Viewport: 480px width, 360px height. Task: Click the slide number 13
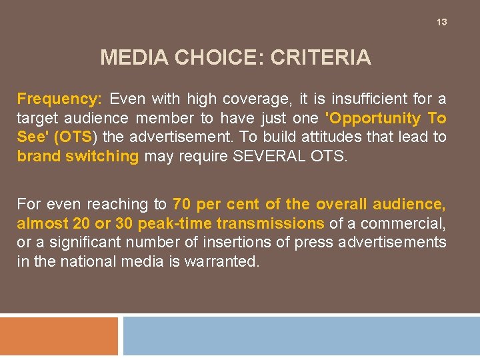pyautogui.click(x=441, y=23)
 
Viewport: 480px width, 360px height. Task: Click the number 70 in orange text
pyautogui.click(x=182, y=204)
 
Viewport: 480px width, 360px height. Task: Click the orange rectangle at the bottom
pyautogui.click(x=59, y=337)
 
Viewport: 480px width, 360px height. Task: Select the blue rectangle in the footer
pyautogui.click(x=301, y=337)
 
